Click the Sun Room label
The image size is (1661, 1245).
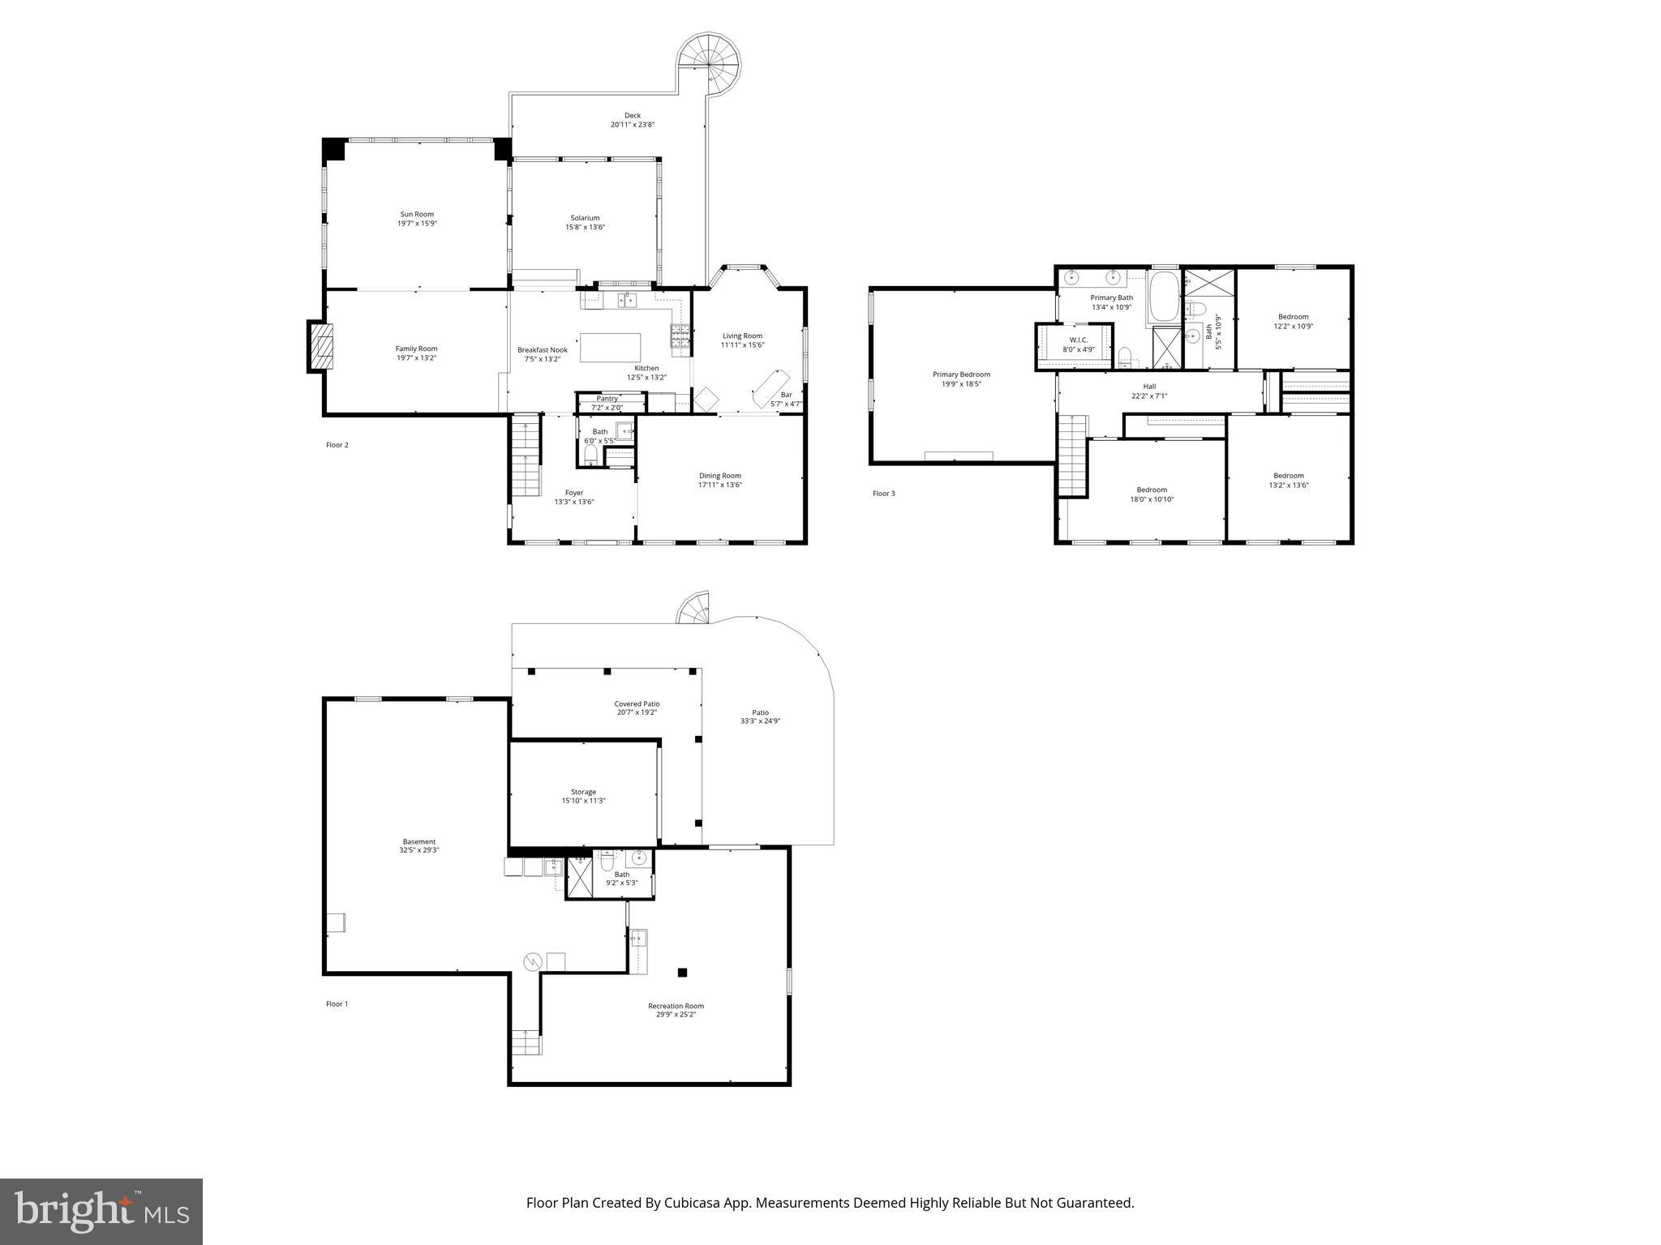coord(417,215)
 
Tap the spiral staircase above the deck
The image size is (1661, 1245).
coord(710,63)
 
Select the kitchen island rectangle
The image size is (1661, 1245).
coord(610,348)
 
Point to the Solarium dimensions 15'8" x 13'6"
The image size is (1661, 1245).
coord(585,228)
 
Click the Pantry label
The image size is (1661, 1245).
coord(607,399)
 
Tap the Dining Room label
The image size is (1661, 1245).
coord(719,476)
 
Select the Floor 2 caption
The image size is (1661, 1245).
coord(337,445)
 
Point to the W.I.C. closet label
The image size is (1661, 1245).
coord(1079,340)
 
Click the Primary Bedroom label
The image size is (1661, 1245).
coord(961,374)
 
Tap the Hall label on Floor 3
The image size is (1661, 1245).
coord(1149,387)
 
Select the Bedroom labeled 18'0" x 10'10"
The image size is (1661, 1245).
coord(1152,494)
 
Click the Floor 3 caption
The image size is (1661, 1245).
coord(883,494)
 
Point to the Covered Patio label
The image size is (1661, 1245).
coord(637,704)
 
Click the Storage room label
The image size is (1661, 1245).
coord(583,792)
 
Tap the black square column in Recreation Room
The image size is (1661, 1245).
coord(682,973)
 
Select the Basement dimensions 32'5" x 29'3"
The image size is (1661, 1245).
coord(419,850)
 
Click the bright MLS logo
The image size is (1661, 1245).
coord(101,1212)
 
